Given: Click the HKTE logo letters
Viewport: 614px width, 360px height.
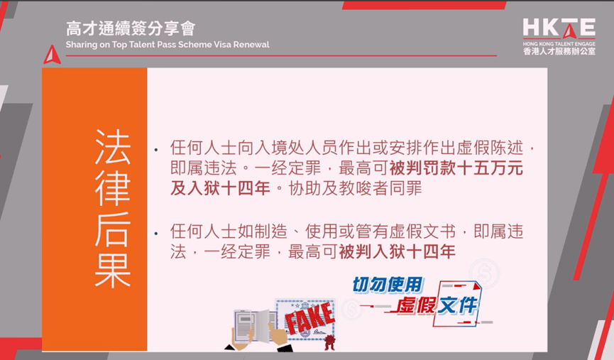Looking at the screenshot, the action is [x=559, y=28].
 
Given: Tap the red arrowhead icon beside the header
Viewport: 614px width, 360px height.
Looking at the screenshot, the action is [x=52, y=55].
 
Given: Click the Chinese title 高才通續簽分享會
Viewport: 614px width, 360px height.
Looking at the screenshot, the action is [x=131, y=28].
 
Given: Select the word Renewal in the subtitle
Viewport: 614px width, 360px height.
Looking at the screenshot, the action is [x=251, y=45].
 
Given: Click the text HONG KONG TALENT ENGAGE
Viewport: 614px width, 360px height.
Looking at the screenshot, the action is [x=559, y=44].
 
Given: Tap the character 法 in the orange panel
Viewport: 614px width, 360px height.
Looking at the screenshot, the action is [x=112, y=147].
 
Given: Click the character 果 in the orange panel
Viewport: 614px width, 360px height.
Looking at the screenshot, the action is [x=112, y=270].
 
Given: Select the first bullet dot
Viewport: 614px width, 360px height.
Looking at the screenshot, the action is [x=156, y=150].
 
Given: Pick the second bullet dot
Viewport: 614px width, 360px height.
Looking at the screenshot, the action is [x=156, y=234].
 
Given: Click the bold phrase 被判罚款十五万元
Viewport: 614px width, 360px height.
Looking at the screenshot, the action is [x=456, y=168].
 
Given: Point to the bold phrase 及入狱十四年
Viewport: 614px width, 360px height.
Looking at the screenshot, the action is [x=221, y=188].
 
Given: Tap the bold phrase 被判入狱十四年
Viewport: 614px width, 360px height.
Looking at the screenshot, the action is [x=397, y=251].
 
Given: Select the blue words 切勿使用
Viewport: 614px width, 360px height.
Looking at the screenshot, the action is [x=388, y=285].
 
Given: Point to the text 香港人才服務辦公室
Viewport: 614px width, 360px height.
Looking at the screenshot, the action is [x=559, y=51].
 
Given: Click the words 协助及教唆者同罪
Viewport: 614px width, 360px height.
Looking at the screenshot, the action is [x=356, y=188].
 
